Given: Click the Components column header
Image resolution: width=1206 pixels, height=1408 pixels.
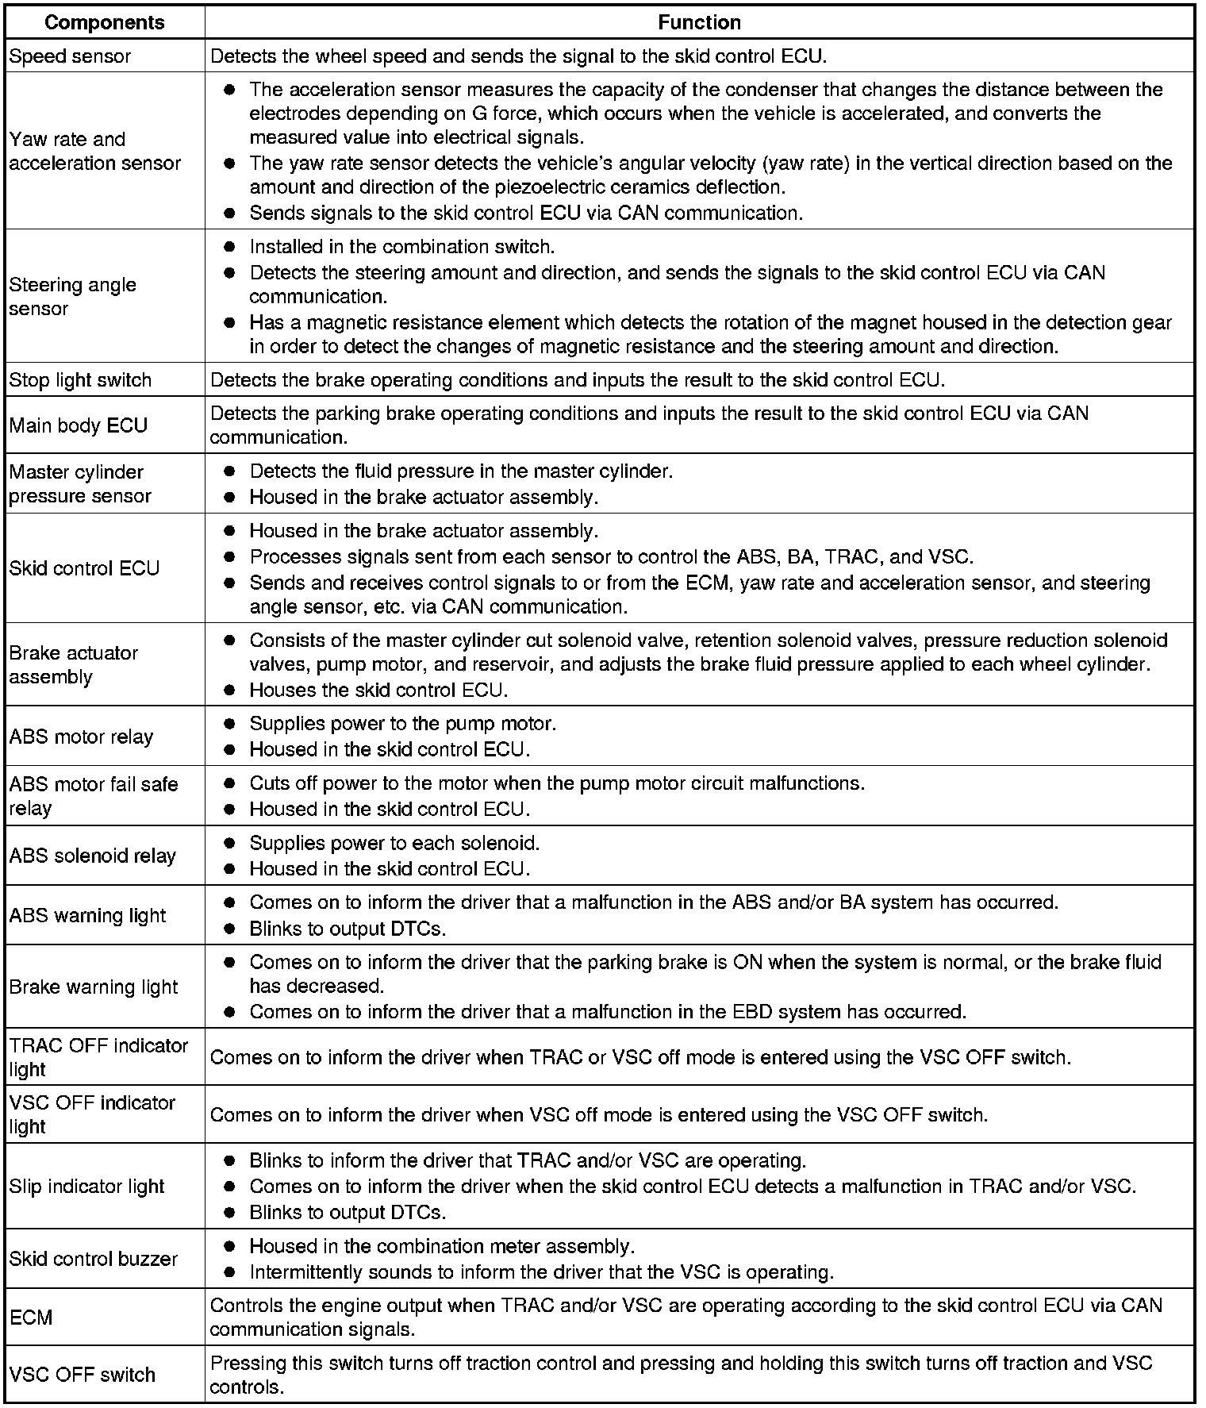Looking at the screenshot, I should [104, 22].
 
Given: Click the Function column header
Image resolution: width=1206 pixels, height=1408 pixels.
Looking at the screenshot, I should [699, 22].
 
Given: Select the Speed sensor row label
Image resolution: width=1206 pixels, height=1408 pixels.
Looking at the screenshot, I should [70, 56].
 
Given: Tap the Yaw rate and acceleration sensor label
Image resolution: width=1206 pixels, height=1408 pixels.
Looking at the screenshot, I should [94, 151].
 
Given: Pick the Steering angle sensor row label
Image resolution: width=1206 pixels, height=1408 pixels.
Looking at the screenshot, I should [72, 296].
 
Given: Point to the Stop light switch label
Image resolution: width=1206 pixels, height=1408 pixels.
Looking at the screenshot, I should [80, 380].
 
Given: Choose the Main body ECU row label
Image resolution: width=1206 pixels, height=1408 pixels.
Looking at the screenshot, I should [78, 425].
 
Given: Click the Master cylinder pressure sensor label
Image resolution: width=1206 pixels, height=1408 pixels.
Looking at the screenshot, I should [79, 483].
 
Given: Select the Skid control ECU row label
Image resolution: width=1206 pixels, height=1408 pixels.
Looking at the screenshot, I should [84, 568].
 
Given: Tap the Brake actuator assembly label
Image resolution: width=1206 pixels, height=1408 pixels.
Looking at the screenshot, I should [73, 664].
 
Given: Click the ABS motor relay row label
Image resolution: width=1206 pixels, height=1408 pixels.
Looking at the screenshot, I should [80, 737].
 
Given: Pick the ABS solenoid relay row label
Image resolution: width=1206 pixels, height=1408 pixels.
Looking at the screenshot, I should [92, 856].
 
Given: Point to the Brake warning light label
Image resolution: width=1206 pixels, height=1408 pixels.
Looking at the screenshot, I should [94, 987].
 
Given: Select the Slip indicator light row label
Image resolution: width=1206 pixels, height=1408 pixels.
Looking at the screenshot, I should [86, 1187].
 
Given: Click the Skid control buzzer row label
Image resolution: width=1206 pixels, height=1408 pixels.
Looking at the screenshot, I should [93, 1259].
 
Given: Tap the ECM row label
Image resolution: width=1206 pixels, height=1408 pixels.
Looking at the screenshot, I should [31, 1318].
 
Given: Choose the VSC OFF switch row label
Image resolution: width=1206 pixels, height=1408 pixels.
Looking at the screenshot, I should [82, 1375].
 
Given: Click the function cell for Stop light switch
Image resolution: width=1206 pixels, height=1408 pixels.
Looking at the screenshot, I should [578, 380].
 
